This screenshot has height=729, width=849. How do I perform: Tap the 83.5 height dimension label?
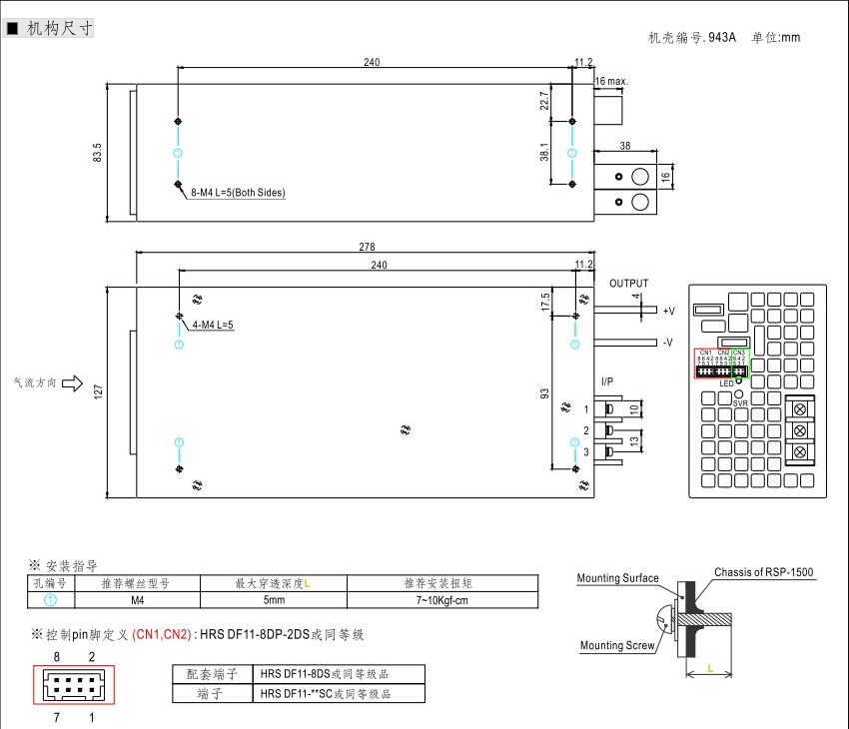pyautogui.click(x=97, y=153)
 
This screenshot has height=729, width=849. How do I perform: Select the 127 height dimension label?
pyautogui.click(x=97, y=392)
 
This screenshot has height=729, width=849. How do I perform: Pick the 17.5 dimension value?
pyautogui.click(x=545, y=301)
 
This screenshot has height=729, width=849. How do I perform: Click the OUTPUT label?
pyautogui.click(x=629, y=284)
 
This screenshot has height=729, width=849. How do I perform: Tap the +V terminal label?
pyautogui.click(x=668, y=311)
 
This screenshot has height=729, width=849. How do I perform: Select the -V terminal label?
pyautogui.click(x=667, y=343)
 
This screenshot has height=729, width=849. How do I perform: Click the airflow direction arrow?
pyautogui.click(x=72, y=382)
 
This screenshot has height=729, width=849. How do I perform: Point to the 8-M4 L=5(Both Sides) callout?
pyautogui.click(x=238, y=193)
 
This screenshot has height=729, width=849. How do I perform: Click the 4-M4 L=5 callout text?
pyautogui.click(x=212, y=325)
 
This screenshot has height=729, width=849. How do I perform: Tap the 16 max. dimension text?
pyautogui.click(x=610, y=80)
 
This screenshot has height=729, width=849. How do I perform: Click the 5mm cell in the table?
pyautogui.click(x=274, y=600)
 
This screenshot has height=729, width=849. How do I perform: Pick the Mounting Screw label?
pyautogui.click(x=617, y=645)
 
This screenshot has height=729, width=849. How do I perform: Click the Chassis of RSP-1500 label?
pyautogui.click(x=763, y=572)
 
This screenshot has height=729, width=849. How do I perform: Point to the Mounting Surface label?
pyautogui.click(x=617, y=578)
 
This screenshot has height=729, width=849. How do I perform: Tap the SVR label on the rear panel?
pyautogui.click(x=740, y=402)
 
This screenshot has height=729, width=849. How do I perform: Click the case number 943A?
pyautogui.click(x=721, y=38)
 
